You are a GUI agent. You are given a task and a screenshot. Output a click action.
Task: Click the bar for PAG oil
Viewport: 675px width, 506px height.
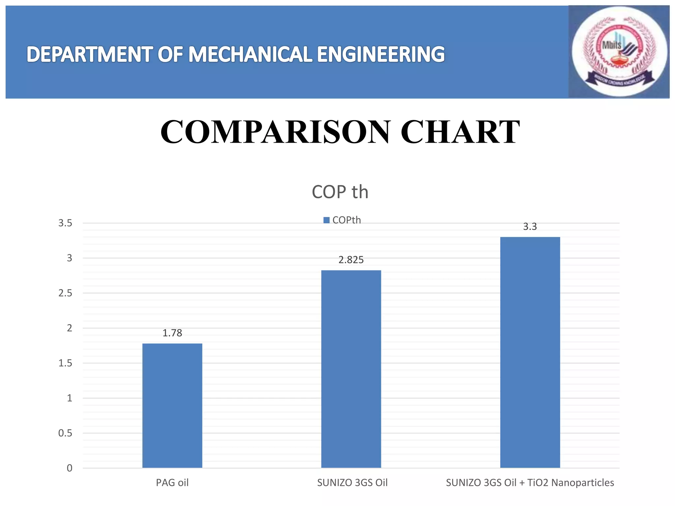click(x=172, y=405)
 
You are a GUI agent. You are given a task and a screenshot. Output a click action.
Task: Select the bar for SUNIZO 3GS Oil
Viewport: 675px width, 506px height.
click(x=351, y=369)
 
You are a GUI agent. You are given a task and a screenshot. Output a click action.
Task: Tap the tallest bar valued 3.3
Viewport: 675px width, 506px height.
click(x=530, y=352)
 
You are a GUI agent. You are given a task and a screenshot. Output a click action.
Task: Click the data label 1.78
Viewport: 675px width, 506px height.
click(x=172, y=333)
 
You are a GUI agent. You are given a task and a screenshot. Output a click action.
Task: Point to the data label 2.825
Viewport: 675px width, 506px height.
click(x=351, y=260)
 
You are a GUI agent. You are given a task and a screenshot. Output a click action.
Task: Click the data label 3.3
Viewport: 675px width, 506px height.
click(x=530, y=227)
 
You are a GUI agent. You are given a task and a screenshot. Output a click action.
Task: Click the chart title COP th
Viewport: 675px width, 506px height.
click(x=340, y=192)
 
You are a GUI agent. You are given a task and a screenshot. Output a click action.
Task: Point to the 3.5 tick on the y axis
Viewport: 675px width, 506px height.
click(x=65, y=223)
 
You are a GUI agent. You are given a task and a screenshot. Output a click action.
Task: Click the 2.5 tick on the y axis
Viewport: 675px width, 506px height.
click(x=65, y=293)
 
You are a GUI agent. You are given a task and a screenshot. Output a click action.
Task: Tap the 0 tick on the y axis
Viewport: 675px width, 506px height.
click(x=70, y=468)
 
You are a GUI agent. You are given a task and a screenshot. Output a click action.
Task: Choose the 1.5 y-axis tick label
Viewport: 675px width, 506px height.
click(x=65, y=363)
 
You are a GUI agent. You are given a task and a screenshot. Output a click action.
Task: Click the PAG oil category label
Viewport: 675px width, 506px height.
click(x=172, y=483)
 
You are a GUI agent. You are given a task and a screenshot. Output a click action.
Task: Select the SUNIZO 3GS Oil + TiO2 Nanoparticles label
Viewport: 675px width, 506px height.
click(x=530, y=483)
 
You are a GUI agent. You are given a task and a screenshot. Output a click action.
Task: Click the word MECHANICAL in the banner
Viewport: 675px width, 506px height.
click(x=250, y=54)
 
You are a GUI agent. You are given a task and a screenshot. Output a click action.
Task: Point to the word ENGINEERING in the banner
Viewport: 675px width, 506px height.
click(x=381, y=54)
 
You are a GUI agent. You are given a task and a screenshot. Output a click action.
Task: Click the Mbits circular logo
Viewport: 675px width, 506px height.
click(x=619, y=52)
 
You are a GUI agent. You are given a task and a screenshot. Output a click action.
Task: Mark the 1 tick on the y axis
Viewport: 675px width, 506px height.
click(x=70, y=398)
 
